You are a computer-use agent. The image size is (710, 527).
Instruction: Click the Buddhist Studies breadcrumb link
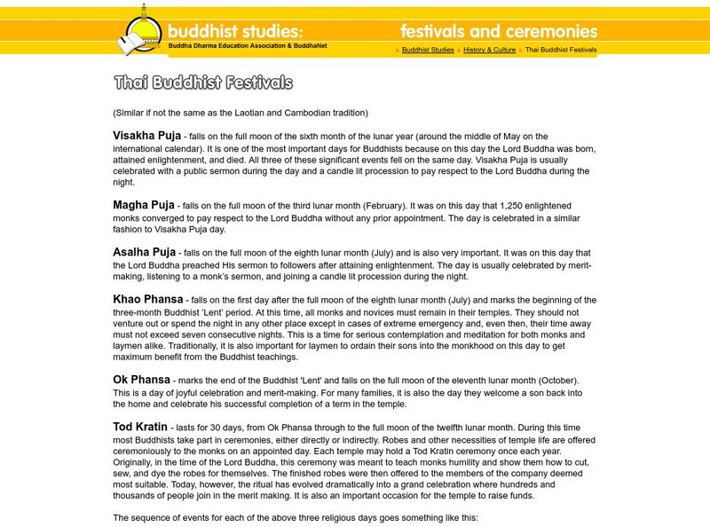(x=428, y=51)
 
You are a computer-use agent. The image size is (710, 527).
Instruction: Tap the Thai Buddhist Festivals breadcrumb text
(x=561, y=51)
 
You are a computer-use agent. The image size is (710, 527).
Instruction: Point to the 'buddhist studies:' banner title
(x=235, y=31)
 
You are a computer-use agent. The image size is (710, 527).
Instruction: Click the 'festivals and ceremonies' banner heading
(x=498, y=31)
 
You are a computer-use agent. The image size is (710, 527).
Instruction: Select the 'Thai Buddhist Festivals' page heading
(x=203, y=83)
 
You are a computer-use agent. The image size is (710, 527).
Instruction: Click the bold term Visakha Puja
(x=146, y=136)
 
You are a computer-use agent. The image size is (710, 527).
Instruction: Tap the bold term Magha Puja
(x=143, y=205)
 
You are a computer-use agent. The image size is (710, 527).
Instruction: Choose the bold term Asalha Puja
(x=144, y=252)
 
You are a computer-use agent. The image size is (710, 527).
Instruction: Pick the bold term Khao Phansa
(x=147, y=300)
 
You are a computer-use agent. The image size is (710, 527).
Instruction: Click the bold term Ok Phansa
(x=140, y=380)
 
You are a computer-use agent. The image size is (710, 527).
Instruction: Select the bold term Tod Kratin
(x=140, y=427)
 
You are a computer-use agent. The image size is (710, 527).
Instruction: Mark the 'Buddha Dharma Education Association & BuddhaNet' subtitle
(x=248, y=45)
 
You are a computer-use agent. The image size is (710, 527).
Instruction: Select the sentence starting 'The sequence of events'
(x=295, y=517)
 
